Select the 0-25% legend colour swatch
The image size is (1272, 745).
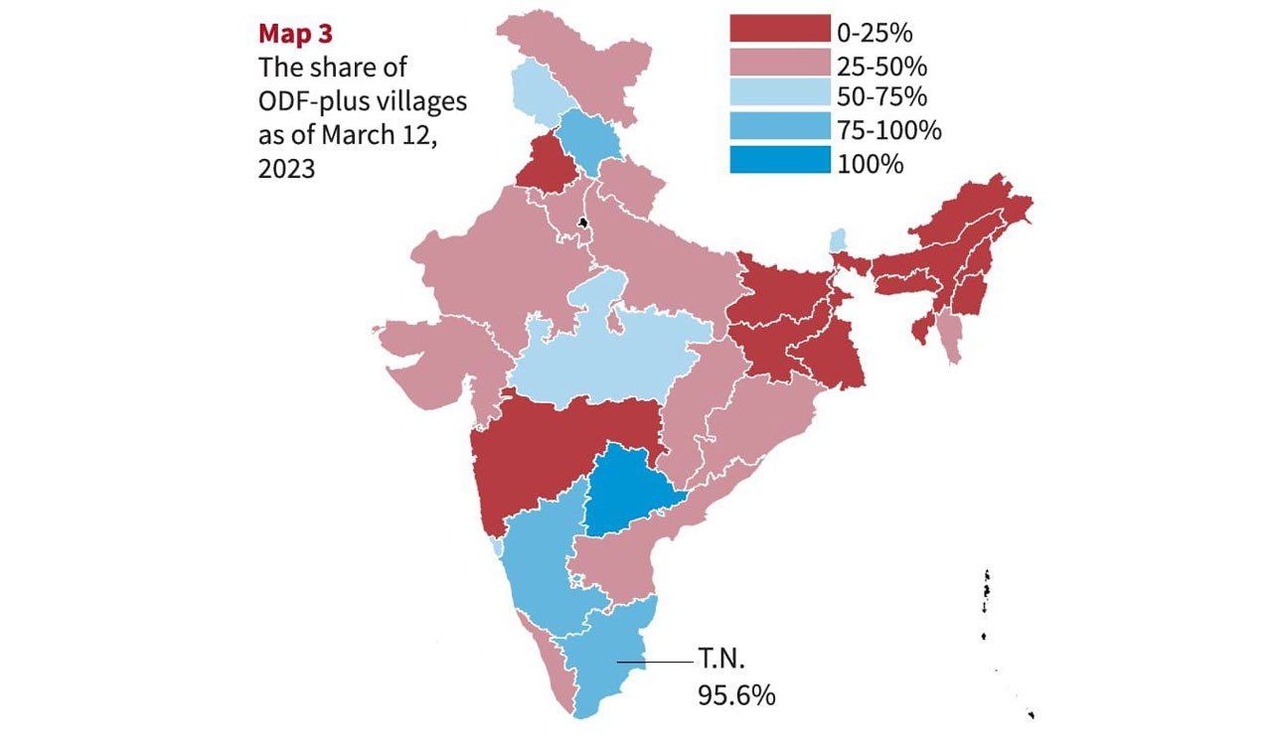(x=780, y=30)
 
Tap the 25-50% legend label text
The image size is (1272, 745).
(x=882, y=66)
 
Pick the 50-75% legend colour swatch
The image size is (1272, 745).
(x=780, y=96)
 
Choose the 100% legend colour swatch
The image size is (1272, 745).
(x=780, y=160)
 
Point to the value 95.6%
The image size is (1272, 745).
(x=735, y=695)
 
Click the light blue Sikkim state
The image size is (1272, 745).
(x=840, y=239)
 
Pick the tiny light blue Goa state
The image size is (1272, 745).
(x=497, y=548)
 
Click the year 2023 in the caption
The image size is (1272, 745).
(x=287, y=169)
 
